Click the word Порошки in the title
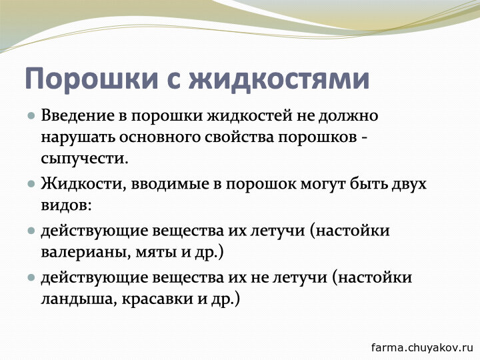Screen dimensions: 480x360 (x=91, y=79)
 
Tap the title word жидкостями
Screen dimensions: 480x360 (x=279, y=79)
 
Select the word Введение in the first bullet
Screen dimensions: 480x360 (x=79, y=116)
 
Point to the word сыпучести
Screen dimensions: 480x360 (x=85, y=159)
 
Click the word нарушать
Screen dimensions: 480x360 (x=78, y=137)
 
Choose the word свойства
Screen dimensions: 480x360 (x=239, y=137)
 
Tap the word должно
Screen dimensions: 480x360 (x=348, y=117)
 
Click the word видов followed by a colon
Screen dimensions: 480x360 (x=66, y=205)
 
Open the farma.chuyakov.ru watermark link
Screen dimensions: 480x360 (x=422, y=347)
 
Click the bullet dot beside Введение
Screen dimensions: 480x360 (x=31, y=116)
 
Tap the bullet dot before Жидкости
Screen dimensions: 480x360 (x=31, y=184)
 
